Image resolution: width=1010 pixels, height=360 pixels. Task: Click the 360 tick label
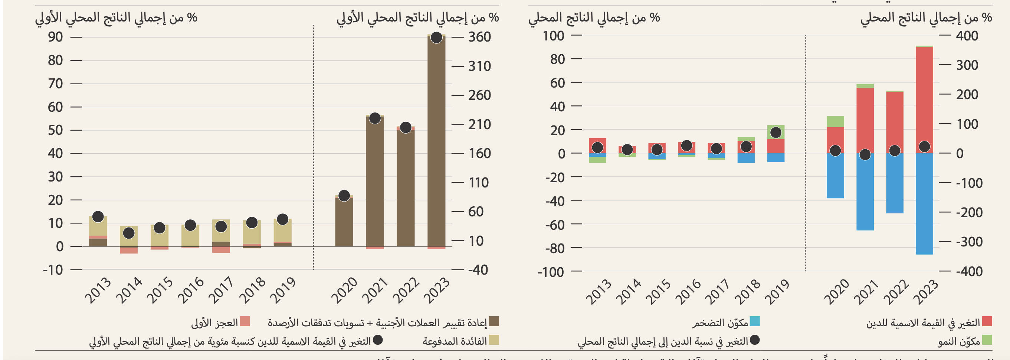click(x=479, y=37)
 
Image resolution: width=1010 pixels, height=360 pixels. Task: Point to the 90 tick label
click(x=55, y=37)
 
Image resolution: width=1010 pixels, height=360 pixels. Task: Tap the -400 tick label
click(x=969, y=271)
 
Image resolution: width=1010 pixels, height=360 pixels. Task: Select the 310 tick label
click(x=479, y=66)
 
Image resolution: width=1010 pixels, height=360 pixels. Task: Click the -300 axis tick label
click(x=969, y=242)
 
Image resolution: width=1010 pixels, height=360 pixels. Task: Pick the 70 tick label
click(x=55, y=84)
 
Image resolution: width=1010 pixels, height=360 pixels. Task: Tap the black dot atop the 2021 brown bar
click(x=375, y=118)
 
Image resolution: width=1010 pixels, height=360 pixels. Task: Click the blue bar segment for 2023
click(x=924, y=204)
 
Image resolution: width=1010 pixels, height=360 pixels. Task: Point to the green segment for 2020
click(x=835, y=121)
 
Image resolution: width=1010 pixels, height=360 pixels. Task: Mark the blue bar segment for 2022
click(x=895, y=183)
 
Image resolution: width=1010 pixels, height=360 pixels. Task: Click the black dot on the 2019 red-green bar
click(x=775, y=132)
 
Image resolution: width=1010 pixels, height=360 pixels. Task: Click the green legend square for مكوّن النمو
click(x=987, y=340)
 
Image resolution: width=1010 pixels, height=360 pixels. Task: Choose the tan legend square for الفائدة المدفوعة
click(x=494, y=340)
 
